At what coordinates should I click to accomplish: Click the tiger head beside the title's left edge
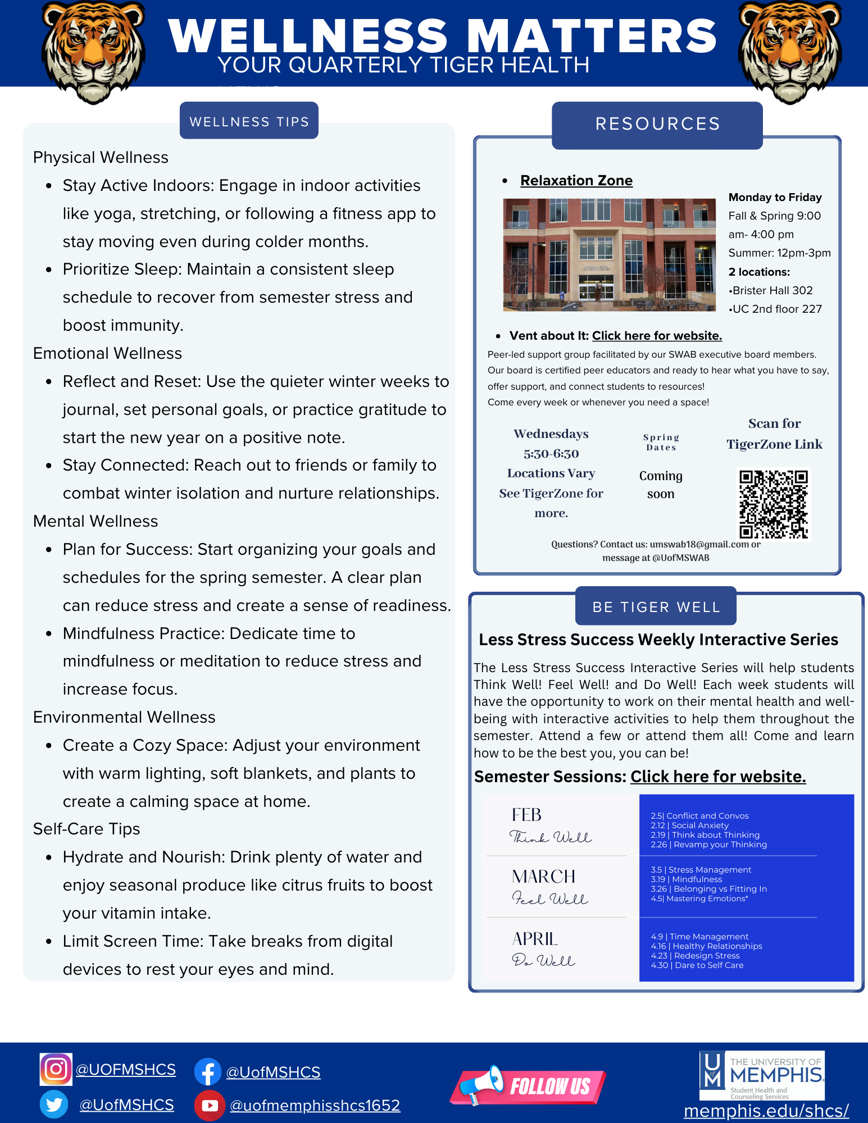pos(93,52)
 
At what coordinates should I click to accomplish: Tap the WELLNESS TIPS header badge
pos(249,121)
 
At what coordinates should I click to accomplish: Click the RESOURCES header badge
pos(657,124)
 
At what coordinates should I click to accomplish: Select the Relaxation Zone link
pos(576,181)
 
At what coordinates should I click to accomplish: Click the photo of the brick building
pos(609,254)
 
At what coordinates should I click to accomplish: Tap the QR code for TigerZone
pos(774,504)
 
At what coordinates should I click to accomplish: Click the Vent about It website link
pos(657,336)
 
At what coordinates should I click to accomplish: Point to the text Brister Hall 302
pos(772,290)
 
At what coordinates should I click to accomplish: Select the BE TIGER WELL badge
pos(656,607)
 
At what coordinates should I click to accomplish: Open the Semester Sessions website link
pos(718,777)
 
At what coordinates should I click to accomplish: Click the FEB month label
pos(526,815)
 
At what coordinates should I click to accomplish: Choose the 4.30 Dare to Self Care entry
pos(697,965)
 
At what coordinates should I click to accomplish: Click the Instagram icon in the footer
pos(56,1069)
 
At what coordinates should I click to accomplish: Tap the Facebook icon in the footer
pos(208,1072)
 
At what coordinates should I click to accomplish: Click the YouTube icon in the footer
pos(209,1105)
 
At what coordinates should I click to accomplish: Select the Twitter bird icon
pos(54,1104)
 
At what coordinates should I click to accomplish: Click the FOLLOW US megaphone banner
pos(528,1085)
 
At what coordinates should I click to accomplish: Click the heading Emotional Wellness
pos(108,354)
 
